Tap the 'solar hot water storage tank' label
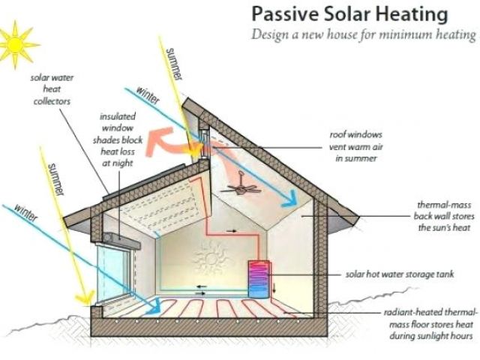(398, 274)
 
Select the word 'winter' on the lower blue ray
(29, 214)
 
